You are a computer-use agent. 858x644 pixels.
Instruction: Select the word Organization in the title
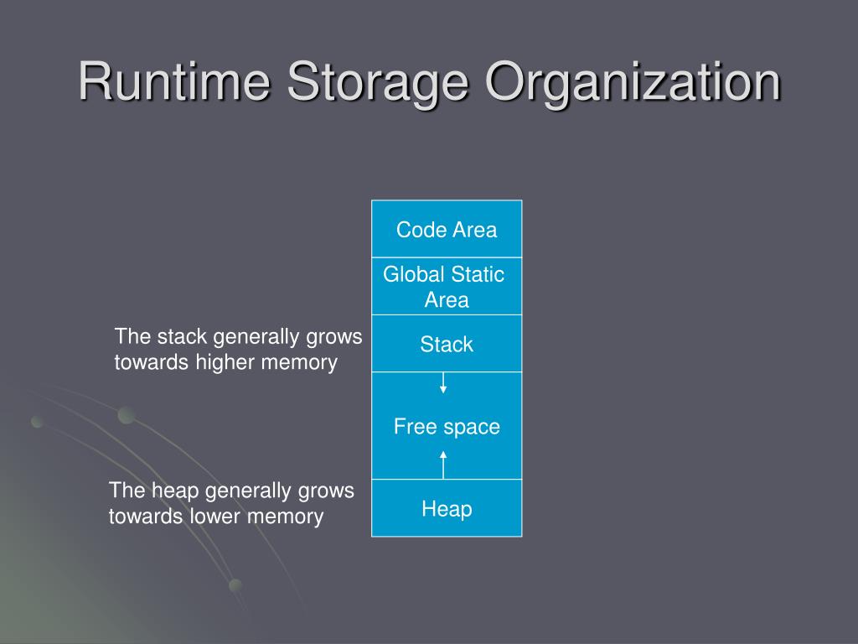[633, 83]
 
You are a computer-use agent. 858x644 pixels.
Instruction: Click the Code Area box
[447, 229]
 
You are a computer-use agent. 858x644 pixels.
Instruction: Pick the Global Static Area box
[447, 287]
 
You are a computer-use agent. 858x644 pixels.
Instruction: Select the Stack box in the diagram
[447, 344]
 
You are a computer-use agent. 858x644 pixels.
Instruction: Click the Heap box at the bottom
[447, 508]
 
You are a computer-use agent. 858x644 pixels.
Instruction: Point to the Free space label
[447, 427]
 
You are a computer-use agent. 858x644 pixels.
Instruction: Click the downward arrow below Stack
[443, 383]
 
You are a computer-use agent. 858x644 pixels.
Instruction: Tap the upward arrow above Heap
[443, 463]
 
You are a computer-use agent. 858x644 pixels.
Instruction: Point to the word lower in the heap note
[215, 516]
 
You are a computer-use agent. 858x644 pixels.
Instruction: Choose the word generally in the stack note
[255, 337]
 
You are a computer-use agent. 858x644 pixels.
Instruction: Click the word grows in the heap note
[328, 491]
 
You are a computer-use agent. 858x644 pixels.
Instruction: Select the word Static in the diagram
[478, 274]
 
